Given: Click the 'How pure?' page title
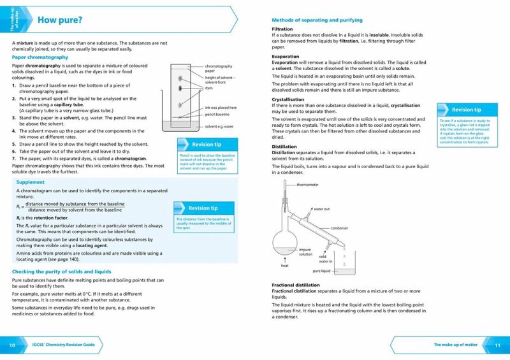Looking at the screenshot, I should click(60, 20).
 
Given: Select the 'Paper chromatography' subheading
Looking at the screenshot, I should click(40, 57).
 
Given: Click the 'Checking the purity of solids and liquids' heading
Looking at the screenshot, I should click(62, 271).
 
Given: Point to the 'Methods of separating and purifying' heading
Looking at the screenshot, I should click(317, 20).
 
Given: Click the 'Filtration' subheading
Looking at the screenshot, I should click(282, 29).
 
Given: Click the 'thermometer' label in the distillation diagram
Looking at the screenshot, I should click(309, 185).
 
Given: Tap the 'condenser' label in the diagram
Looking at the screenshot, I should click(339, 227).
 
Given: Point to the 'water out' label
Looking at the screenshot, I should click(321, 208).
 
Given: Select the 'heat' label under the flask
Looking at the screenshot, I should click(285, 266).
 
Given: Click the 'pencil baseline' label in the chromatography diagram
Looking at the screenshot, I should click(217, 114).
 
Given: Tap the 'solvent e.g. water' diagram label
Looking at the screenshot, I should click(219, 127).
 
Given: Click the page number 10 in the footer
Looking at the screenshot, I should click(12, 345).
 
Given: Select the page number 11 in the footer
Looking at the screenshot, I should click(498, 345).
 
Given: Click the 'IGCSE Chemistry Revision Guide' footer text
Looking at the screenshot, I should click(64, 345).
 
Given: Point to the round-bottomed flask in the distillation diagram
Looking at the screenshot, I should click(284, 242).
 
